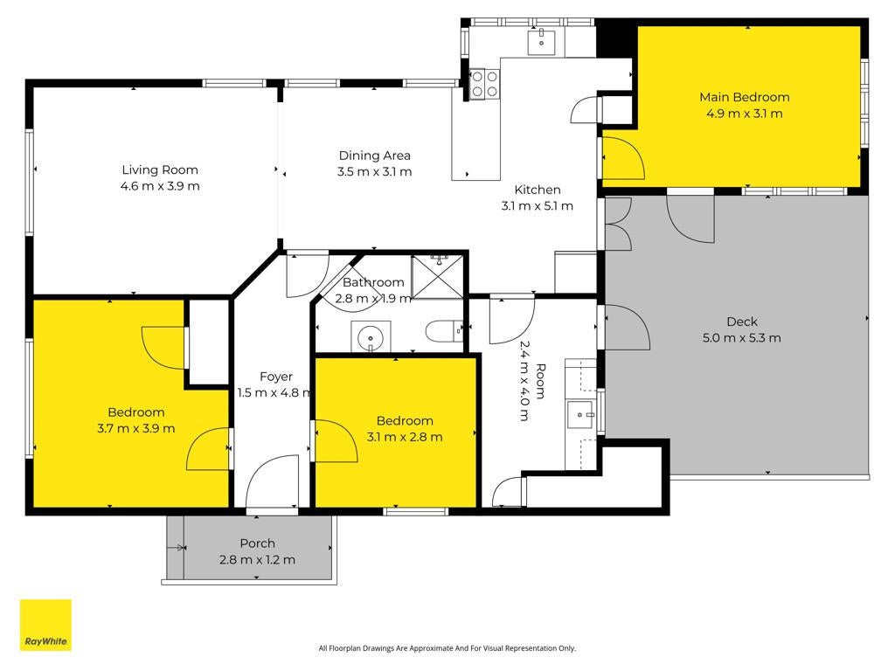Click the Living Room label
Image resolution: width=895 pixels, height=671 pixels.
pyautogui.click(x=160, y=170)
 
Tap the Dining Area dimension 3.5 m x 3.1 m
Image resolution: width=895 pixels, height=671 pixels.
pyautogui.click(x=374, y=172)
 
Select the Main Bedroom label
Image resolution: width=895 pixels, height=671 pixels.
pyautogui.click(x=745, y=98)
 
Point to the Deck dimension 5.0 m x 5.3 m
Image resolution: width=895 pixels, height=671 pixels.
pyautogui.click(x=741, y=338)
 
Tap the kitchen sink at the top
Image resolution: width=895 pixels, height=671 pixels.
pyautogui.click(x=541, y=42)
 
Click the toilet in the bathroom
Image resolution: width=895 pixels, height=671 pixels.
pyautogui.click(x=444, y=330)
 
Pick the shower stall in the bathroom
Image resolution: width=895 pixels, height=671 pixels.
pyautogui.click(x=437, y=277)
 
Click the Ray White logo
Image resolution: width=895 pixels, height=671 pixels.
pyautogui.click(x=45, y=625)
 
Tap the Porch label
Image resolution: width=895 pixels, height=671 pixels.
pyautogui.click(x=258, y=543)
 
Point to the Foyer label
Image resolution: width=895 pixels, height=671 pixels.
pyautogui.click(x=276, y=377)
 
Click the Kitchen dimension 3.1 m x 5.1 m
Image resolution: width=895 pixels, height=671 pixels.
pyautogui.click(x=538, y=206)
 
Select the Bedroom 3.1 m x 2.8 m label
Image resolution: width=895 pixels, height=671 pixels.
pyautogui.click(x=405, y=421)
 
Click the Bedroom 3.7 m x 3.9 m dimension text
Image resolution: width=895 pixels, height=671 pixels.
pyautogui.click(x=135, y=428)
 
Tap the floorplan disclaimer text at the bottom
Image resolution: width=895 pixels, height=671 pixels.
pyautogui.click(x=447, y=648)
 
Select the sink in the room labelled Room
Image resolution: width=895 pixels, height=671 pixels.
pyautogui.click(x=580, y=415)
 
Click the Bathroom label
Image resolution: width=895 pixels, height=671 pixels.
pyautogui.click(x=373, y=282)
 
